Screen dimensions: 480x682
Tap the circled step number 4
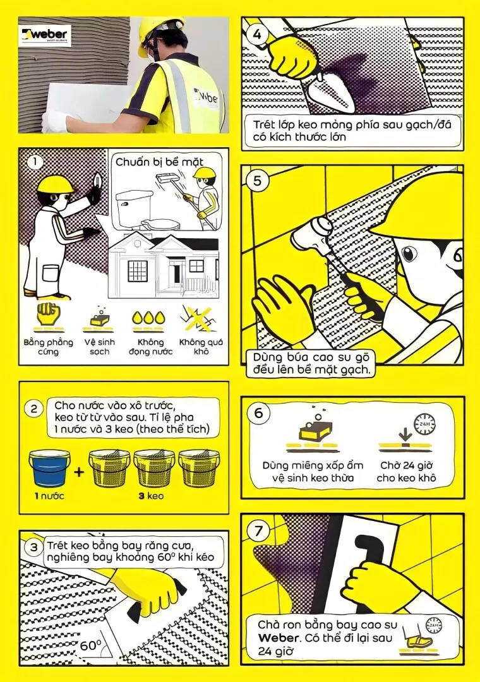click(257, 34)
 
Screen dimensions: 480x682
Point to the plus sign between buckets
click(79, 472)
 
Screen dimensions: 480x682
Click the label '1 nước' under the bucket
click(49, 496)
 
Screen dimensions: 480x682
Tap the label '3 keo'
click(151, 496)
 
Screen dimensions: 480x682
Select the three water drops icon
click(149, 318)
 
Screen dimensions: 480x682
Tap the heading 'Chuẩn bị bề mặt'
click(159, 162)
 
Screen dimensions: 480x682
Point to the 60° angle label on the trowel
click(90, 645)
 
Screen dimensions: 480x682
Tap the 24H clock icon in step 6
click(424, 423)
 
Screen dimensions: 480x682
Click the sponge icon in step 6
click(316, 430)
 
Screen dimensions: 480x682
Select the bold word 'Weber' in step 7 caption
click(278, 638)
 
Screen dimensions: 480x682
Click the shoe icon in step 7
click(417, 639)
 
